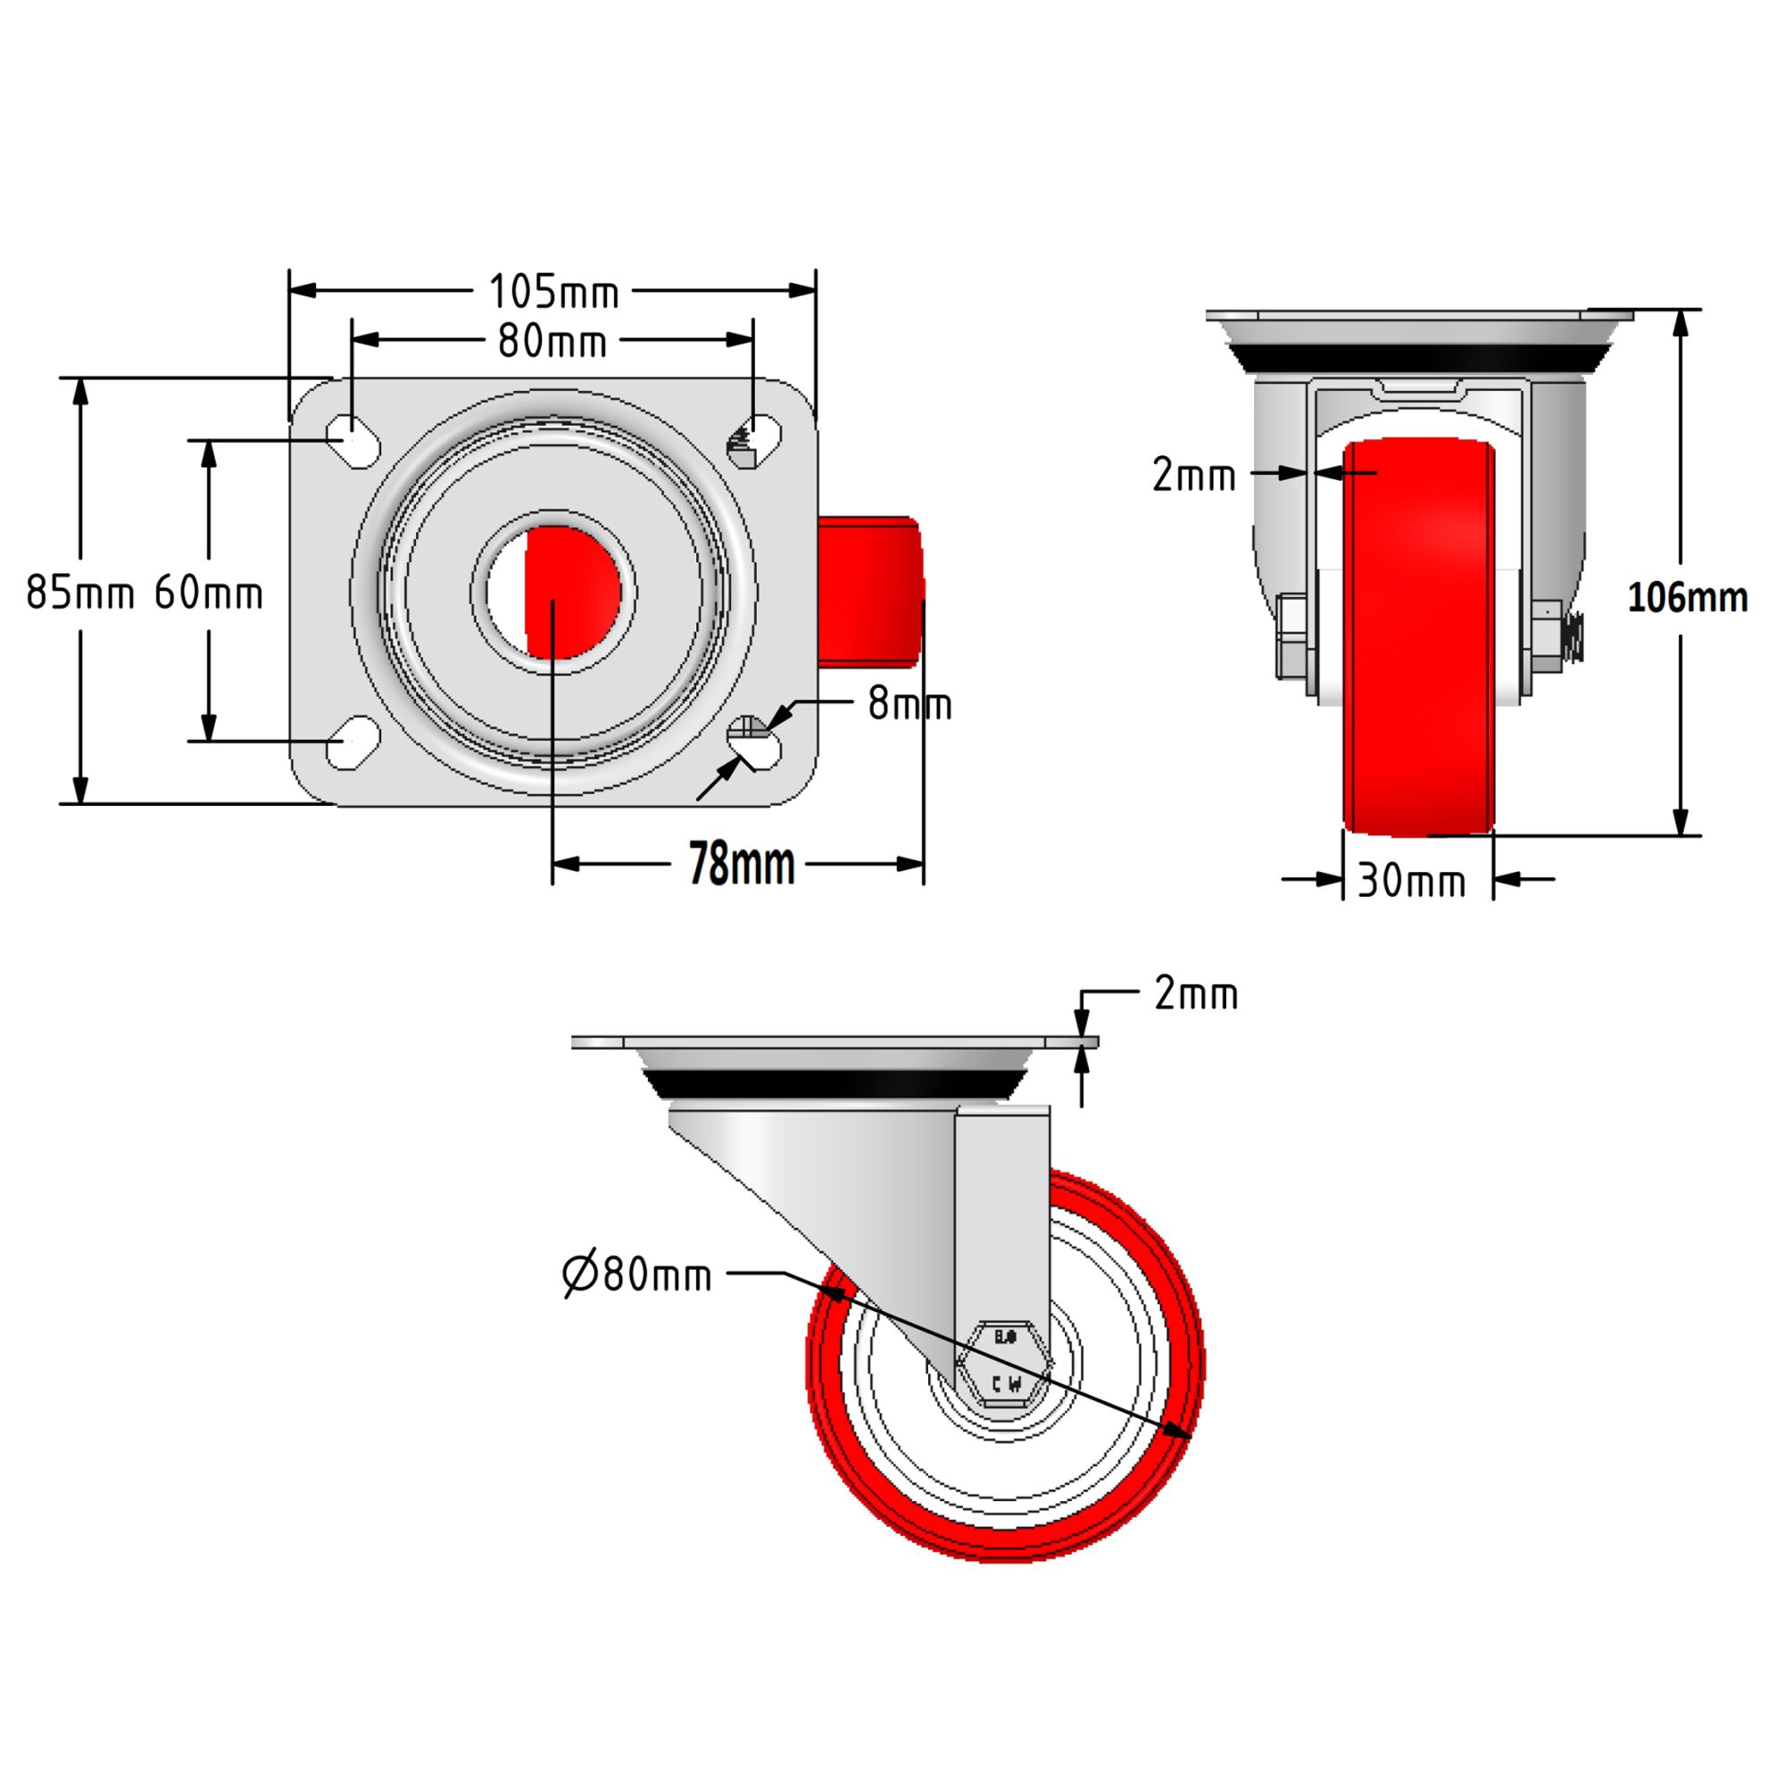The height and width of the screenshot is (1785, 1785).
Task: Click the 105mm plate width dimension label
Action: [552, 292]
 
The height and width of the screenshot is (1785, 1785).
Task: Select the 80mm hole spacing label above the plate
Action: [552, 342]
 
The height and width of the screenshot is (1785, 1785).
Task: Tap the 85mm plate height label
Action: [79, 593]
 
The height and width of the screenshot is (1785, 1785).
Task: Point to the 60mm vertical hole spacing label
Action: [209, 593]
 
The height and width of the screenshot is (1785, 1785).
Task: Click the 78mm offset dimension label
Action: [742, 865]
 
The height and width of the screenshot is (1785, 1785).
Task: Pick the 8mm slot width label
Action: [909, 705]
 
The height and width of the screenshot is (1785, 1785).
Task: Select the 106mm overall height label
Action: [1687, 598]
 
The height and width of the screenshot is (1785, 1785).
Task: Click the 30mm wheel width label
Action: [1411, 882]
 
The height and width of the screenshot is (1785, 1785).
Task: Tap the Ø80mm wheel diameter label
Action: [637, 1275]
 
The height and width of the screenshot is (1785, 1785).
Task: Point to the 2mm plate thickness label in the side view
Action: [1196, 995]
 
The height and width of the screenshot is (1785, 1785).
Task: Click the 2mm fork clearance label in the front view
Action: [1192, 476]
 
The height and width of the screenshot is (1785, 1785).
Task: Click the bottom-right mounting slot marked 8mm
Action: [755, 743]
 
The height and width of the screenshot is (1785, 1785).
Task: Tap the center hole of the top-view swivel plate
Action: [552, 593]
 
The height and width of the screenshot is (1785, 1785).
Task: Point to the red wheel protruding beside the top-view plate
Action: [868, 592]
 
